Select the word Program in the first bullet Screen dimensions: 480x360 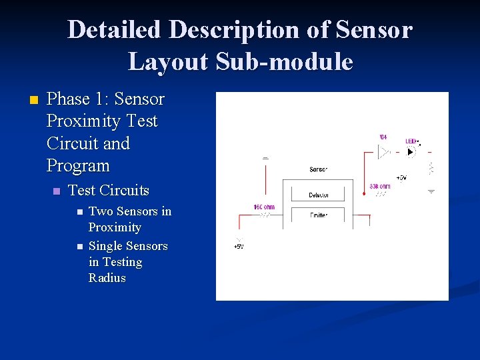pos(78,165)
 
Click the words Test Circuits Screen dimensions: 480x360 pos(109,190)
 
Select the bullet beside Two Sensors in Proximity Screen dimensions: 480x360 pos(78,212)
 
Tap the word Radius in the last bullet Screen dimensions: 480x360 pos(107,278)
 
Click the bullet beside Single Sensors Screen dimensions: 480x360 pos(78,247)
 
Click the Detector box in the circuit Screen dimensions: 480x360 pos(318,195)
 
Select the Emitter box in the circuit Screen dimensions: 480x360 pos(318,215)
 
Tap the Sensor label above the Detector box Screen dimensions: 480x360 pos(319,169)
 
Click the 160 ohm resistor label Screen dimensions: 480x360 pos(264,207)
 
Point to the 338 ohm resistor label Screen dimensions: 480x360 pos(380,186)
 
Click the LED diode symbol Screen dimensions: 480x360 pos(411,152)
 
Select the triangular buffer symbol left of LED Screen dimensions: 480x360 pos(383,152)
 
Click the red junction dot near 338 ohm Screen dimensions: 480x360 pos(363,194)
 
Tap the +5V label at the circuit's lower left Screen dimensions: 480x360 pos(238,247)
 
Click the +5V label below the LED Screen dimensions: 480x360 pos(401,178)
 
